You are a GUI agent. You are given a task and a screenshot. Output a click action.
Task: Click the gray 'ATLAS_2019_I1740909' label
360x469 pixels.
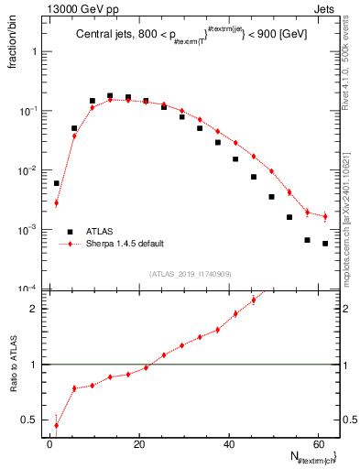[191, 273]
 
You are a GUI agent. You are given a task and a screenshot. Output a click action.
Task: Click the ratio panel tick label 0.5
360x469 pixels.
[30, 420]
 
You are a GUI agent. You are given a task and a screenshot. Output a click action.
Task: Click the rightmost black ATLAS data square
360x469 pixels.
[325, 244]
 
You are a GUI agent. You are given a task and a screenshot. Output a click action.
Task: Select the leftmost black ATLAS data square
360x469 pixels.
[57, 183]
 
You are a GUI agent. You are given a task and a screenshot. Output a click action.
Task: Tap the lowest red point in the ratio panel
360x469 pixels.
[57, 425]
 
